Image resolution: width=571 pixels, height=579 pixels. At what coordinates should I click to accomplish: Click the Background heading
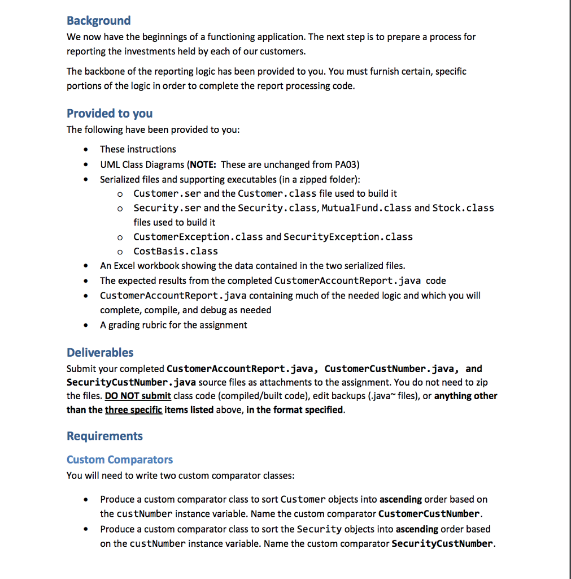[x=98, y=21]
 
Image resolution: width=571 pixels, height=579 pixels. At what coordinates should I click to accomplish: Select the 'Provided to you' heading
[x=110, y=113]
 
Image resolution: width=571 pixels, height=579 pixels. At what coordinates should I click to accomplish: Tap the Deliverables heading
[x=100, y=352]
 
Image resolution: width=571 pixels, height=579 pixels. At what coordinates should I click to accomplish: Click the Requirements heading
[x=104, y=436]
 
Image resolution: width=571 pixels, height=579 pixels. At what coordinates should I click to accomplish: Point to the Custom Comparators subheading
[x=120, y=460]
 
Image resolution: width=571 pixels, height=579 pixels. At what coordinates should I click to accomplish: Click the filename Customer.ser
[x=167, y=193]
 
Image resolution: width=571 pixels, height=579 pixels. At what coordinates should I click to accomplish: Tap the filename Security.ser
[x=167, y=208]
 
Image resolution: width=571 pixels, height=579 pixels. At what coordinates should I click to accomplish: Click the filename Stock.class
[x=463, y=208]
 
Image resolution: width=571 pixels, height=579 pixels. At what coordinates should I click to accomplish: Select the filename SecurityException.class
[x=348, y=237]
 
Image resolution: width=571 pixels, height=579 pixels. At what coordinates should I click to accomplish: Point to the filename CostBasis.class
[x=176, y=252]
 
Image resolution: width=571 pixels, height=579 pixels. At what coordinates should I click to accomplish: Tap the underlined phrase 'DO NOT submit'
[x=138, y=396]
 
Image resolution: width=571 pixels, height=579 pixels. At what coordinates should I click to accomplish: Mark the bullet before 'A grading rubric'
[x=85, y=325]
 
